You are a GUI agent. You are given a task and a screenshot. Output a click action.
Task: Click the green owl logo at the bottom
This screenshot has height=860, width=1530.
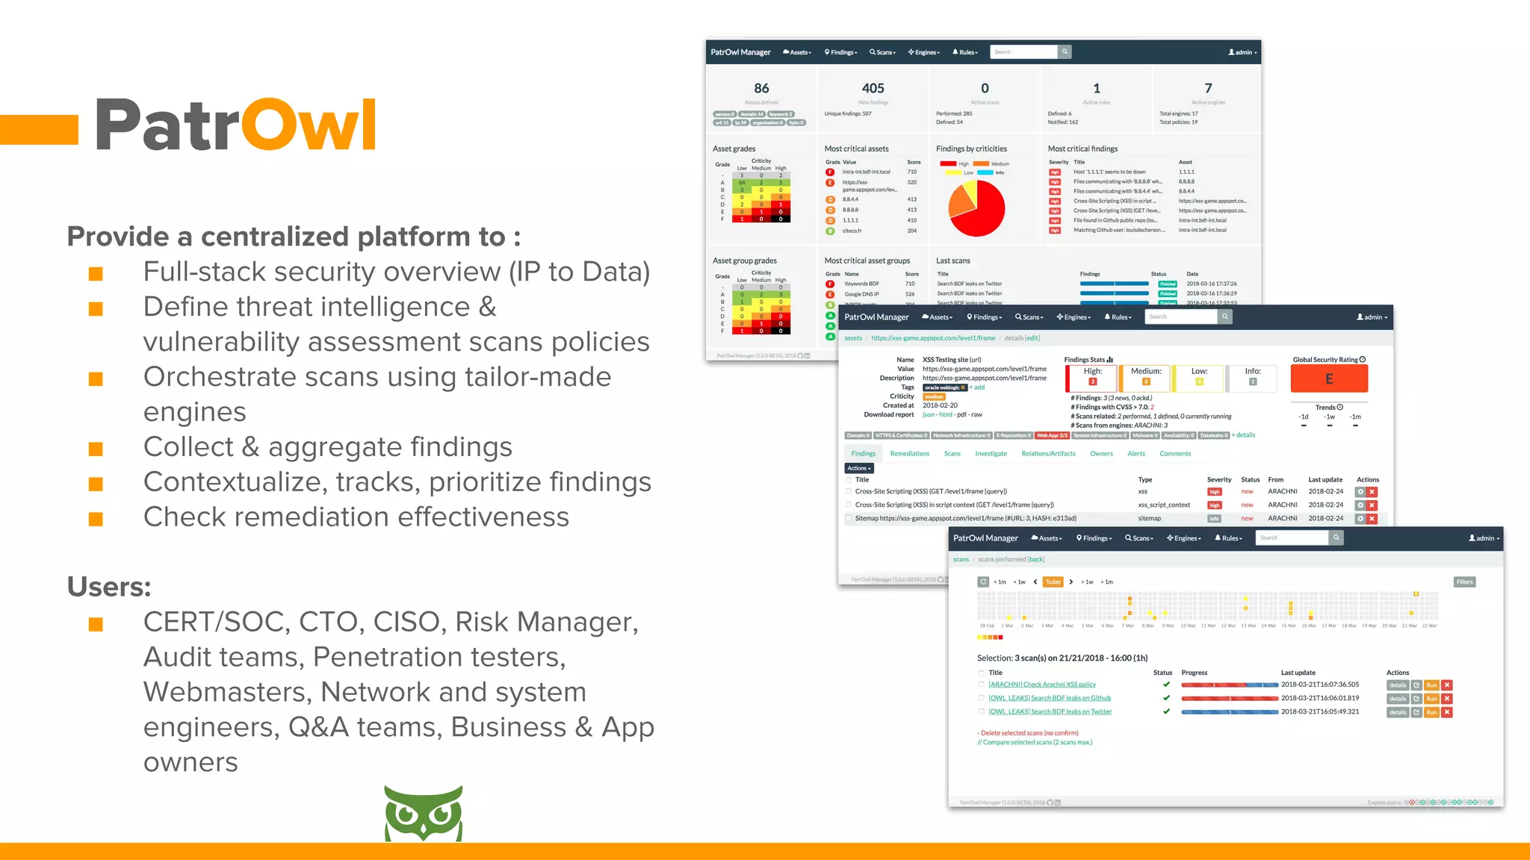tap(423, 813)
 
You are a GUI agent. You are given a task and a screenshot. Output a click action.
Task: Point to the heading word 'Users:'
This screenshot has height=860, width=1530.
tap(109, 587)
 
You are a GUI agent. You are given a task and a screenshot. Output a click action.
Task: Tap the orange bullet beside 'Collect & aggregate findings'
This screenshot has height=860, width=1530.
tap(96, 449)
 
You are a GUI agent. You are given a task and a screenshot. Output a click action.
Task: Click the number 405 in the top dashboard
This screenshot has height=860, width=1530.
tap(873, 88)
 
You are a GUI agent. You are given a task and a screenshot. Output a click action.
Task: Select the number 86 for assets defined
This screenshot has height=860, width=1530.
tap(761, 88)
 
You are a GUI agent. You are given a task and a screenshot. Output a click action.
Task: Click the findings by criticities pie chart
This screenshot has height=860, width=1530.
tap(976, 209)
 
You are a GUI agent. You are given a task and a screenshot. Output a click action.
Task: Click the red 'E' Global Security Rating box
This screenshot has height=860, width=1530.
tap(1329, 378)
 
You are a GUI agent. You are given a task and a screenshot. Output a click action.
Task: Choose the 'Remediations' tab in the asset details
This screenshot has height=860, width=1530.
tap(909, 454)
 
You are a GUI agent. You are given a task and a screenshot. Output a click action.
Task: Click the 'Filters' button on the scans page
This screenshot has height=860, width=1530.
tap(1464, 582)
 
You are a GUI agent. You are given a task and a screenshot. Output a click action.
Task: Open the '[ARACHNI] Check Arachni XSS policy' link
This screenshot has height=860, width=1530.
tap(1041, 685)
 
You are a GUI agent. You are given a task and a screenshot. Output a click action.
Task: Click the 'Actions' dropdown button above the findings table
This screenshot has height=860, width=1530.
tap(858, 468)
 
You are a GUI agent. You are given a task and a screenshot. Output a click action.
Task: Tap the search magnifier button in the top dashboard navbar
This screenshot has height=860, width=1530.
tap(1065, 52)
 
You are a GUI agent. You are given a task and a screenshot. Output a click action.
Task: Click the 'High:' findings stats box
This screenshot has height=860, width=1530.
tap(1092, 377)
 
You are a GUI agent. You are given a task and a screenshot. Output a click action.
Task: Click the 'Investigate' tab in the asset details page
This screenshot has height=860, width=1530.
tap(991, 454)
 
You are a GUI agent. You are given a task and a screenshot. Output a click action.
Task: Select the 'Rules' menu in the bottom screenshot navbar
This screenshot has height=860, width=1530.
tap(1227, 538)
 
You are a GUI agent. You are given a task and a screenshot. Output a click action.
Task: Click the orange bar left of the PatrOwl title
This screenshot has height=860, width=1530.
tap(39, 129)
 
